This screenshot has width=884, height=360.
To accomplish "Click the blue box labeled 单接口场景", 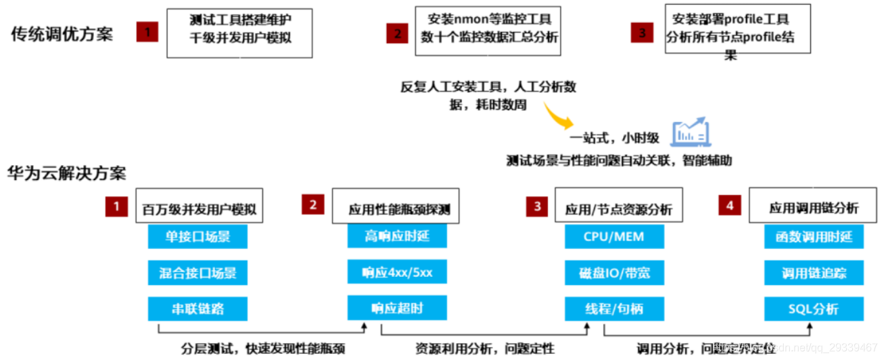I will click(x=197, y=237).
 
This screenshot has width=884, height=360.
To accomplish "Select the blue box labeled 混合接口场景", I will click(x=197, y=273).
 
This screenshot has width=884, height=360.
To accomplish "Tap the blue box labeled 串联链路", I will click(x=197, y=309).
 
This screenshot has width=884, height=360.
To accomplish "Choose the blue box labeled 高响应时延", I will click(x=397, y=236).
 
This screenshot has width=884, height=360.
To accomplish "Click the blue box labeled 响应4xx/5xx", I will click(x=397, y=273).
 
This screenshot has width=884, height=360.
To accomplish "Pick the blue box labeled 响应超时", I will click(x=397, y=309).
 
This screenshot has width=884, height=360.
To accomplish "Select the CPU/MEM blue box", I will click(x=614, y=237).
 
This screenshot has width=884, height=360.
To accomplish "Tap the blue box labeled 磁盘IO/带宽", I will click(x=614, y=273).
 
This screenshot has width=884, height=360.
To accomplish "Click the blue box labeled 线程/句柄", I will click(x=614, y=309).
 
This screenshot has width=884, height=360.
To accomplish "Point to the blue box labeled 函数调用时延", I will click(x=814, y=237).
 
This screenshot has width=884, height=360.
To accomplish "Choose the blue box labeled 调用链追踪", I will click(x=814, y=273).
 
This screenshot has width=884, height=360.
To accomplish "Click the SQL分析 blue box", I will click(x=814, y=309).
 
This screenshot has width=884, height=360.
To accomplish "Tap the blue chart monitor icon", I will click(x=690, y=134).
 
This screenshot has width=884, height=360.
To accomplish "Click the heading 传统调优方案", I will click(x=62, y=35).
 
